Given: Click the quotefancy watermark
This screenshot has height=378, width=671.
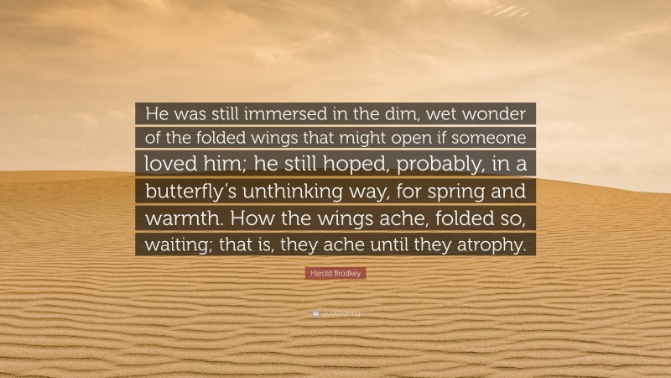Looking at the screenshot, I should pos(335,314).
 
